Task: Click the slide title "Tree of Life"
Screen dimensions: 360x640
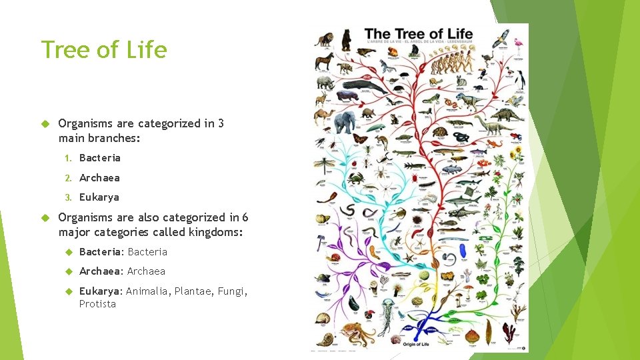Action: point(103,50)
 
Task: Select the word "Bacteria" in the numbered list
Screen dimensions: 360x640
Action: point(99,158)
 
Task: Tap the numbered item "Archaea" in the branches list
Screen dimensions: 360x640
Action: point(99,177)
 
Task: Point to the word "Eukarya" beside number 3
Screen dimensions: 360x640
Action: point(99,197)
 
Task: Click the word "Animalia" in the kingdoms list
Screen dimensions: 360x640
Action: point(147,291)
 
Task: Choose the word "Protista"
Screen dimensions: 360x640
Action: point(97,304)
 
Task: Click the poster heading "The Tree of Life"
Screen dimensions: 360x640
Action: point(418,33)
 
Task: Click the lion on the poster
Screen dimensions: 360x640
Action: point(325,39)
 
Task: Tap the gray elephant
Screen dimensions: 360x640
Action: point(345,122)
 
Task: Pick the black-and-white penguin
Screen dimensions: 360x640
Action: point(519,79)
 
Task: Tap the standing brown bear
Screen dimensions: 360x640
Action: point(346,40)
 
